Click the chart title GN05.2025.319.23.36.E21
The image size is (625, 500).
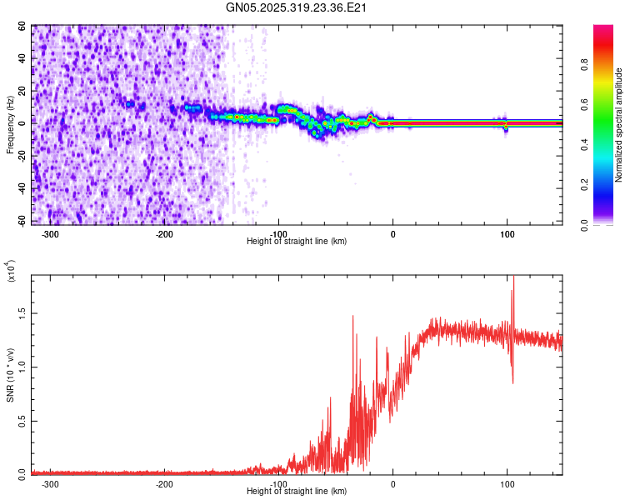pyautogui.click(x=297, y=8)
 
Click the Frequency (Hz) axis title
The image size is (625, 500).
pyautogui.click(x=10, y=124)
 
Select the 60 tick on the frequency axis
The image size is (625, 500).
pyautogui.click(x=22, y=26)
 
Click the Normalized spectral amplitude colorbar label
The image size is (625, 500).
pyautogui.click(x=619, y=125)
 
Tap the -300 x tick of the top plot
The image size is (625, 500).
pyautogui.click(x=50, y=234)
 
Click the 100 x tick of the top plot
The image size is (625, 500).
pyautogui.click(x=507, y=234)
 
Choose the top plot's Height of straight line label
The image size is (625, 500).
pyautogui.click(x=297, y=241)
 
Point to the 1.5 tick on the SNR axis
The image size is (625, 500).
pyautogui.click(x=22, y=312)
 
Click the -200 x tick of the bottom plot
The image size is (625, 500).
pyautogui.click(x=164, y=483)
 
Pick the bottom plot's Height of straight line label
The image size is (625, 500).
pyautogui.click(x=297, y=491)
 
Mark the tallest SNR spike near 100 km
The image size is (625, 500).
pyautogui.click(x=512, y=277)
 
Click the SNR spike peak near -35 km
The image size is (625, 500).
pyautogui.click(x=353, y=316)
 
